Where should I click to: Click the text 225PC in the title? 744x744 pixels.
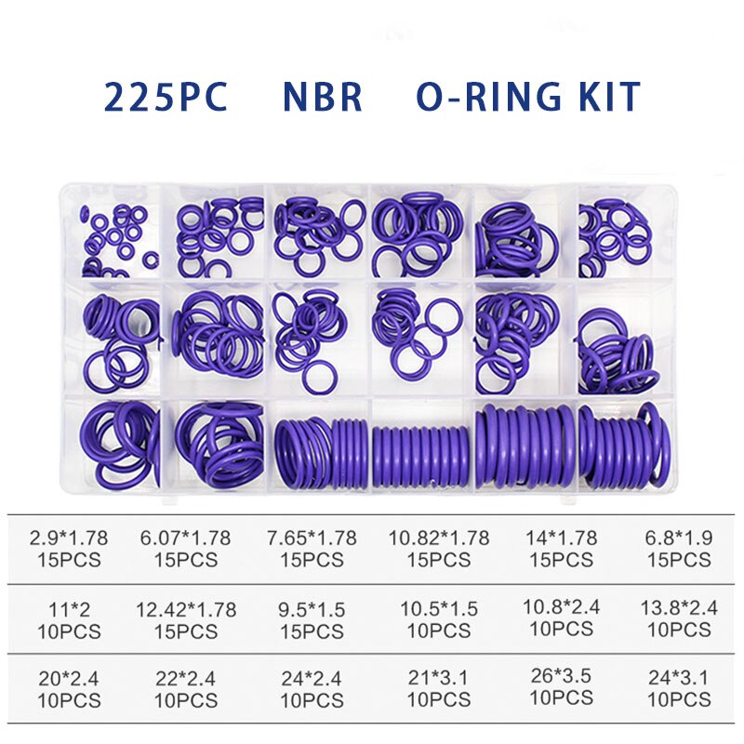point(166,98)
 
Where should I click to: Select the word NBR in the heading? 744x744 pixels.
point(323,98)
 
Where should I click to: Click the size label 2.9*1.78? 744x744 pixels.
point(68,538)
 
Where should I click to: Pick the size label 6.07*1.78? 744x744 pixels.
point(186,538)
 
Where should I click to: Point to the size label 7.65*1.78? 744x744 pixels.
point(312,538)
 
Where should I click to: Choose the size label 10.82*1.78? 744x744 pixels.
point(439,538)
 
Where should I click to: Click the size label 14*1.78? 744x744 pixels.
point(561,538)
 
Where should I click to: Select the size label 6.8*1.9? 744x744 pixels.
point(679,538)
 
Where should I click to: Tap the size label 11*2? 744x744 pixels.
point(68,609)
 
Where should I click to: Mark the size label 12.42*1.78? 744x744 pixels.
point(186,609)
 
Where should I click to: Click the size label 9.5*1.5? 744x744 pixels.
point(312,609)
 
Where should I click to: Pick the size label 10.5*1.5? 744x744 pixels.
point(439,609)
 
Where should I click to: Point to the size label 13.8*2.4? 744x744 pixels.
point(679,607)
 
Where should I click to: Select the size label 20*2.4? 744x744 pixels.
point(68,679)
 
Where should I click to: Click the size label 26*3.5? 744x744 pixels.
point(561,676)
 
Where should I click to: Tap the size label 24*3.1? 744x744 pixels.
point(679,679)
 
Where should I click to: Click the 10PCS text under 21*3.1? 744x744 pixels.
point(439,700)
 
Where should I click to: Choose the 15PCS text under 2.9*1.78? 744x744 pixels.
point(68,560)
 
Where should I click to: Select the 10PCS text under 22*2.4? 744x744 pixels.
point(186,700)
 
